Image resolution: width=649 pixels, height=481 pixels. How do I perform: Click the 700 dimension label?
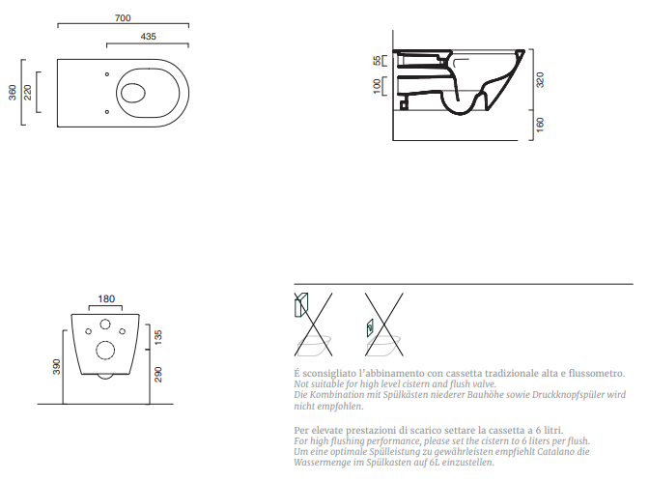coord(123,17)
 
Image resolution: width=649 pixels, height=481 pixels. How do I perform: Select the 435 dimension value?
coord(148,37)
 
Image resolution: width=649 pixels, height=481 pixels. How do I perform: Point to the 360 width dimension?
coord(13,93)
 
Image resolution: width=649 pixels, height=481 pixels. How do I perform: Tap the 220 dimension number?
coord(27,93)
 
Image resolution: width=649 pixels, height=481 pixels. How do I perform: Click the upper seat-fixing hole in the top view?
coord(107,74)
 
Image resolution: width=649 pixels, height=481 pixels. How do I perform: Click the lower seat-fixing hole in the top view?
coord(107,112)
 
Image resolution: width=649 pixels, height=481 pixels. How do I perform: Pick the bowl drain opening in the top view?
coord(133,93)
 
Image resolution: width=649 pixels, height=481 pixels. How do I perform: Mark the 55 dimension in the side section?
coord(377,61)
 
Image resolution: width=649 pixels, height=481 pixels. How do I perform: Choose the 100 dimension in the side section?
coord(377,86)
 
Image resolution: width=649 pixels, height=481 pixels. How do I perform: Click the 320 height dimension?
coord(540,79)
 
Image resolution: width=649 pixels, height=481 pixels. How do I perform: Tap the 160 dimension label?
coord(540,125)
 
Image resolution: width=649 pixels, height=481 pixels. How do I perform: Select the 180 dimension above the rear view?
coord(106,298)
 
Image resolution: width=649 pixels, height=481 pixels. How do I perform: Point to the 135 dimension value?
coord(157,337)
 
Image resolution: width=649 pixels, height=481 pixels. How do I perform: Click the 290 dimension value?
coord(157,374)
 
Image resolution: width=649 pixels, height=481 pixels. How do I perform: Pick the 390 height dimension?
coord(56,367)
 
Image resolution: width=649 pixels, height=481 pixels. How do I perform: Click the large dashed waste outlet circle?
coord(105,351)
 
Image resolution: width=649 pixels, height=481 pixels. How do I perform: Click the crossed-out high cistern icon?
coord(313,325)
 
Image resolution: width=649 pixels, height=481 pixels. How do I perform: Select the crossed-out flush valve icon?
coord(383,325)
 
